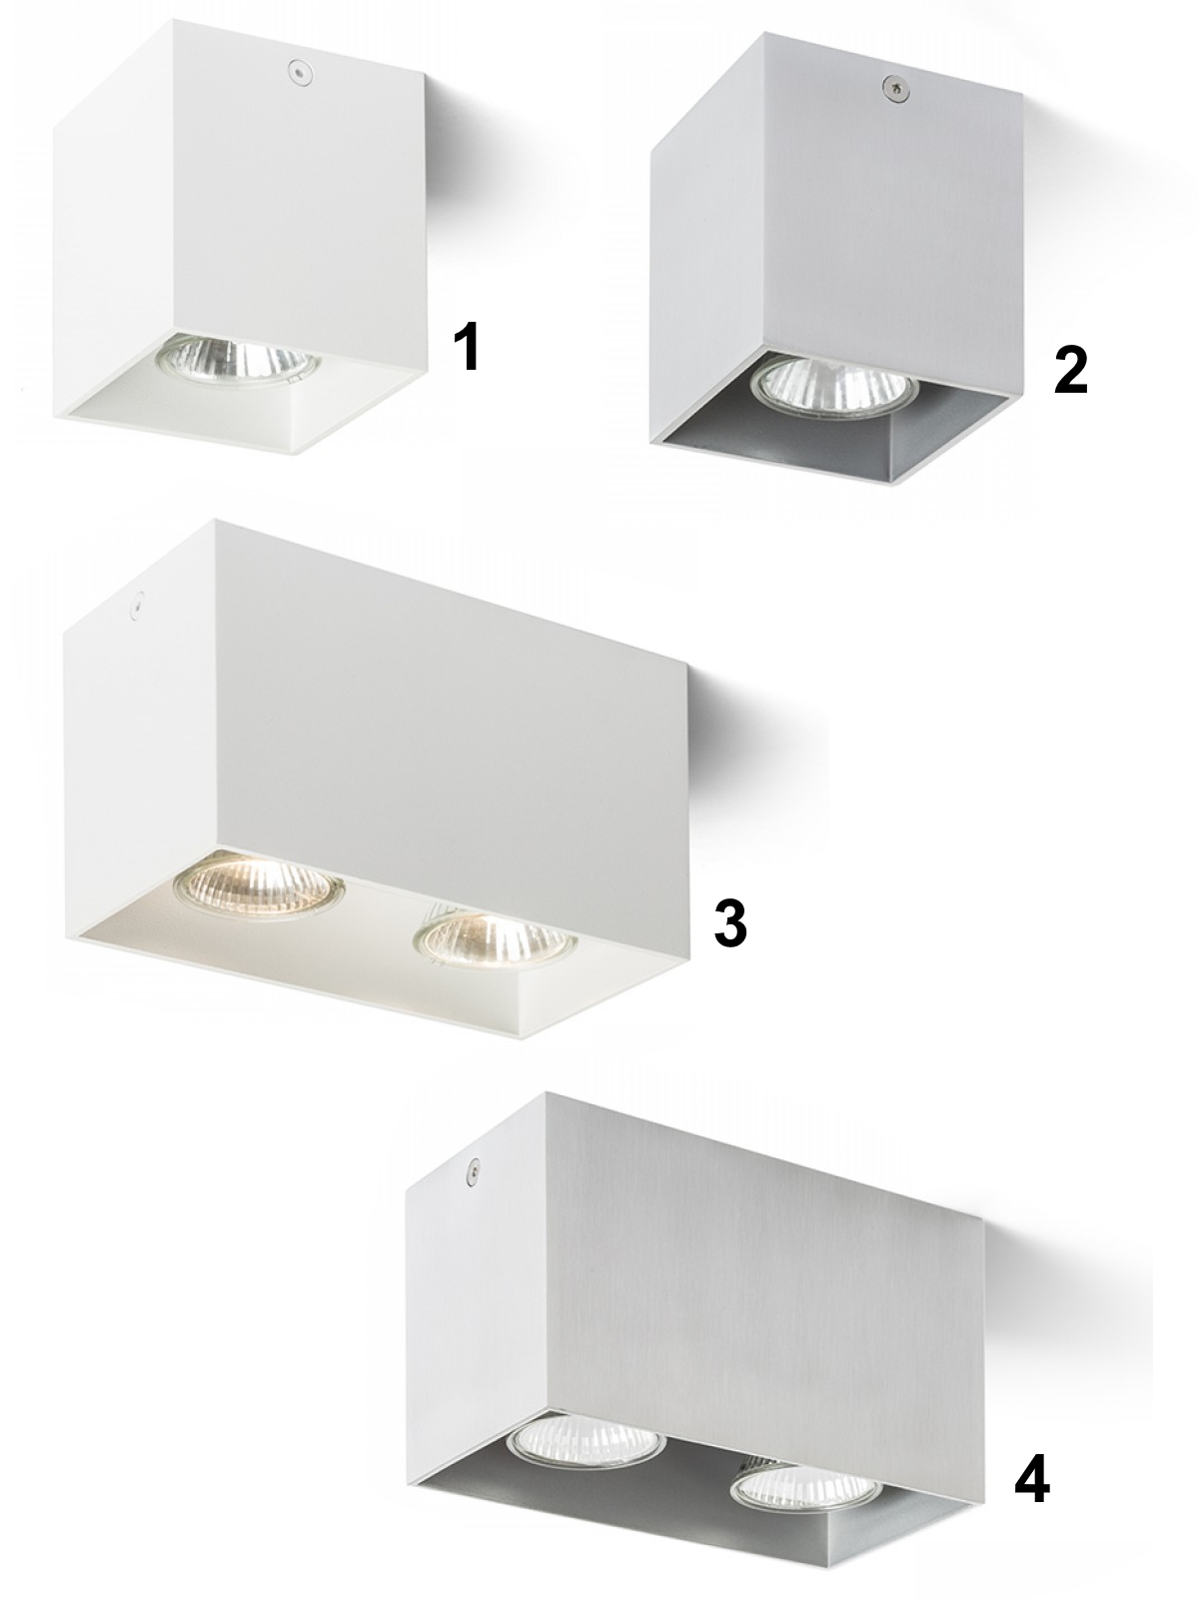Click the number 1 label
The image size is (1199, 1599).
pyautogui.click(x=466, y=348)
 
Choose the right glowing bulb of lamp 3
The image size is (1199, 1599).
pyautogui.click(x=495, y=940)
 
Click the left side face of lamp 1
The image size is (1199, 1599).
pyautogui.click(x=117, y=219)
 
